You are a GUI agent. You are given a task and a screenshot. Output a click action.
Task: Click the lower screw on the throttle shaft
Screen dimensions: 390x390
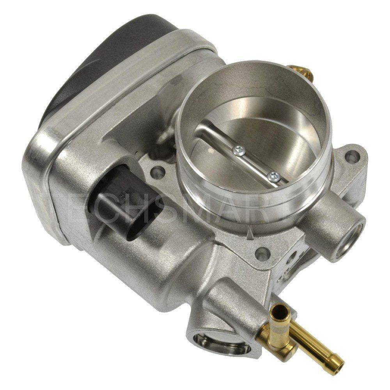click(274, 176)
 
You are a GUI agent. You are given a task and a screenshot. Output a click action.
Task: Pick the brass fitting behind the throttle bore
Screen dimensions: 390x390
click(300, 73)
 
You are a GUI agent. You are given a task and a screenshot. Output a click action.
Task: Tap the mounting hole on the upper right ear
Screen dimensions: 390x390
click(352, 157)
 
